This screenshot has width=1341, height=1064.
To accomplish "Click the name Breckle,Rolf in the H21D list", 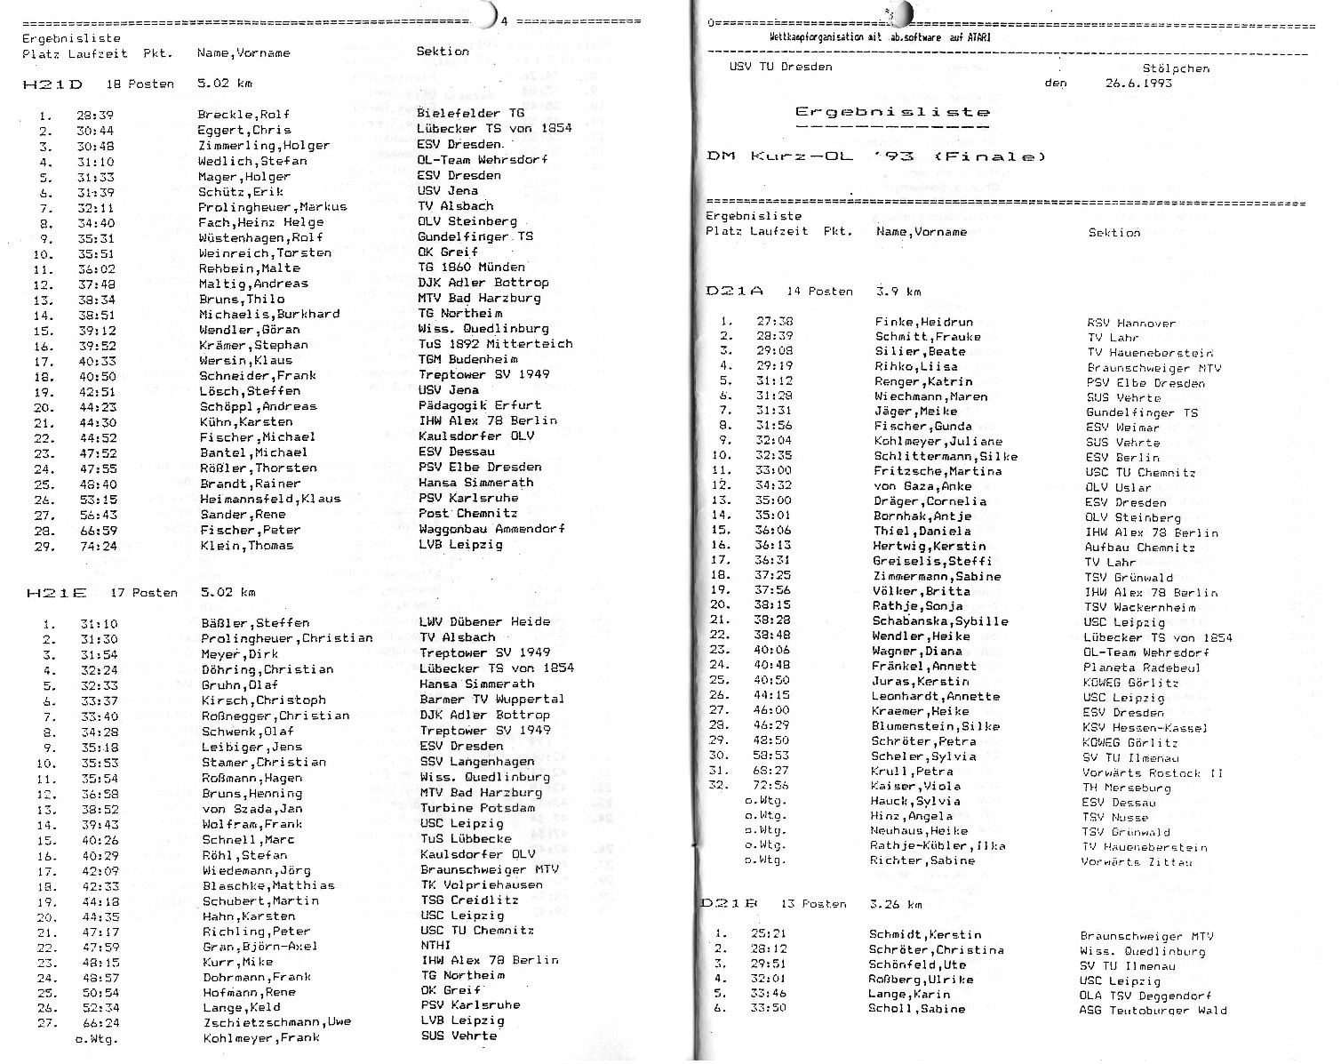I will tap(243, 115).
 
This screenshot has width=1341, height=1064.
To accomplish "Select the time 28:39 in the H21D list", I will tap(94, 115).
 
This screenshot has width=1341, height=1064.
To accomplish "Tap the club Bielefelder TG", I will tap(471, 113).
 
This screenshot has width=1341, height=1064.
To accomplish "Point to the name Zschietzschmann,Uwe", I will tap(277, 1022).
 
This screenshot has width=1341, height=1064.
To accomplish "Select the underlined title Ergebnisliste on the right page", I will tap(892, 113).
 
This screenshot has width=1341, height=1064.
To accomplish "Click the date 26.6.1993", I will tap(1138, 84).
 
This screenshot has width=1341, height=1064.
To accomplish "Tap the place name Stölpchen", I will tap(1176, 68).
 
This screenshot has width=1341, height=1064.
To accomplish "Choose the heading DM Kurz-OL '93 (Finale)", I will tap(875, 157).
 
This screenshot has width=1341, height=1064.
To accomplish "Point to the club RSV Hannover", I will tap(1130, 324).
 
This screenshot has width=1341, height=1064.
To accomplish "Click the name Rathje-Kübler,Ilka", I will tap(938, 845).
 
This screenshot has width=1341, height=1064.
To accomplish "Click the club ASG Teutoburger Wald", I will tap(1153, 1010).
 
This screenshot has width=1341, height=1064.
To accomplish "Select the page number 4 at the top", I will tap(504, 20).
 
